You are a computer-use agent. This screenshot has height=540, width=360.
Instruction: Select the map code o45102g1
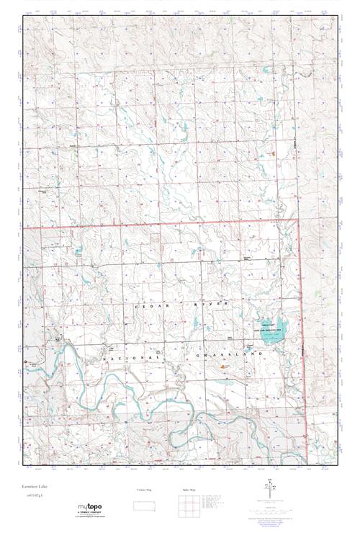[x=33, y=496]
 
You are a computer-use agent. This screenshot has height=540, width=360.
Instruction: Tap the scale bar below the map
[x=274, y=510]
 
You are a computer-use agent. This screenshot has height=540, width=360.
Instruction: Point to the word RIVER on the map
[x=217, y=307]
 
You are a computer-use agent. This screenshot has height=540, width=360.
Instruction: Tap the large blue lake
[x=269, y=328]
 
